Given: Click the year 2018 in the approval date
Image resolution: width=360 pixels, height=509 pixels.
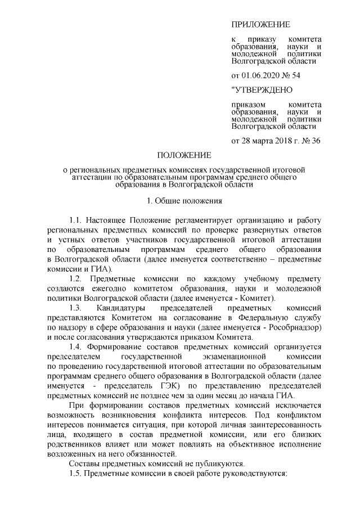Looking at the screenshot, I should coord(273,140).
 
